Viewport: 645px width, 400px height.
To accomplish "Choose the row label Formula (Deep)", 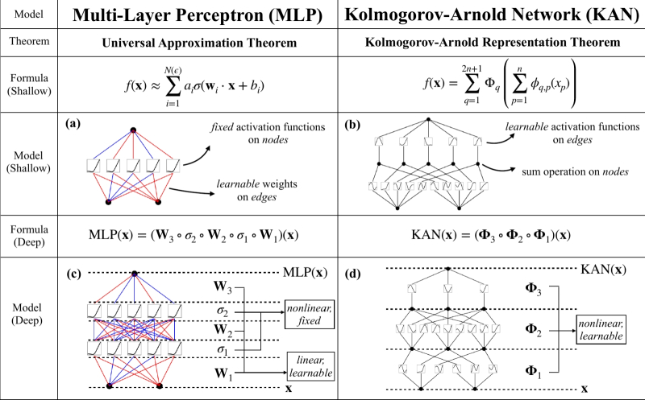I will pos(28,237).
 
